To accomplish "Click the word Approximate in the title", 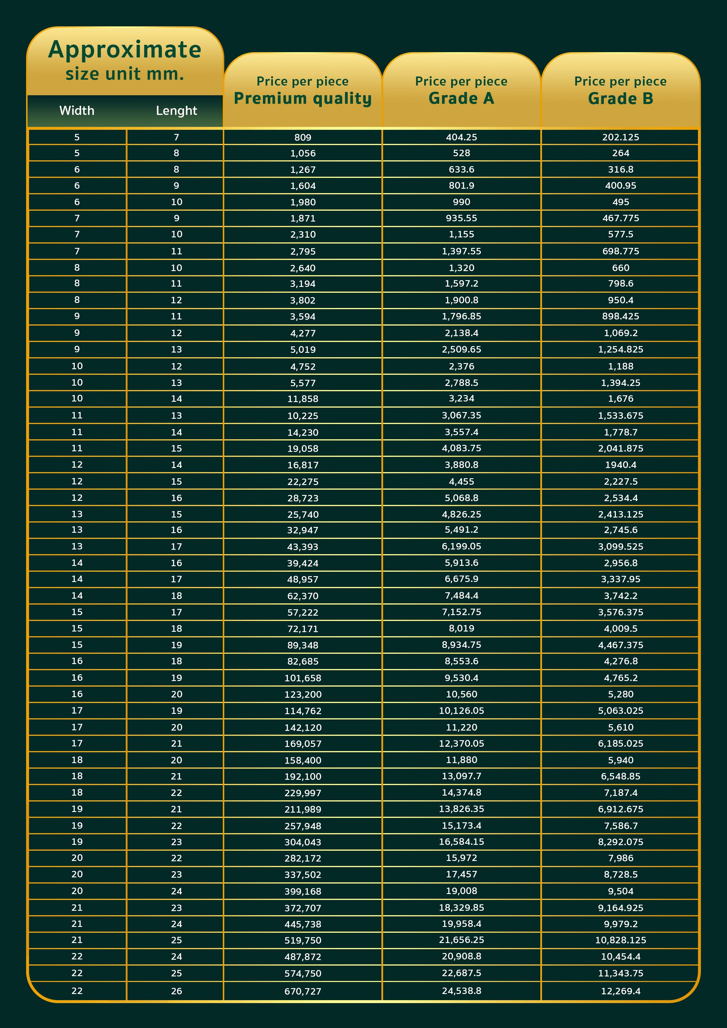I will [125, 50].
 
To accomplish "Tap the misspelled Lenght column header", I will [176, 110].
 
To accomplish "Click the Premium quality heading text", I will [303, 98].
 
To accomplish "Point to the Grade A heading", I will [461, 98].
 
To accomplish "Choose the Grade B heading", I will [620, 98].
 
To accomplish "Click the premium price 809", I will [303, 137].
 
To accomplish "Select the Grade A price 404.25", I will [461, 137].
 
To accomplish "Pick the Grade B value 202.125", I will [620, 137].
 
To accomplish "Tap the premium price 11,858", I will [303, 399].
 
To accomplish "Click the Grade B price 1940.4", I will [620, 465].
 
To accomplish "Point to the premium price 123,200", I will [303, 695].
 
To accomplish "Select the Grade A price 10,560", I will [461, 695].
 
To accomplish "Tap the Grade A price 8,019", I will [461, 629].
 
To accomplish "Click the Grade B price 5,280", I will [620, 695].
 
